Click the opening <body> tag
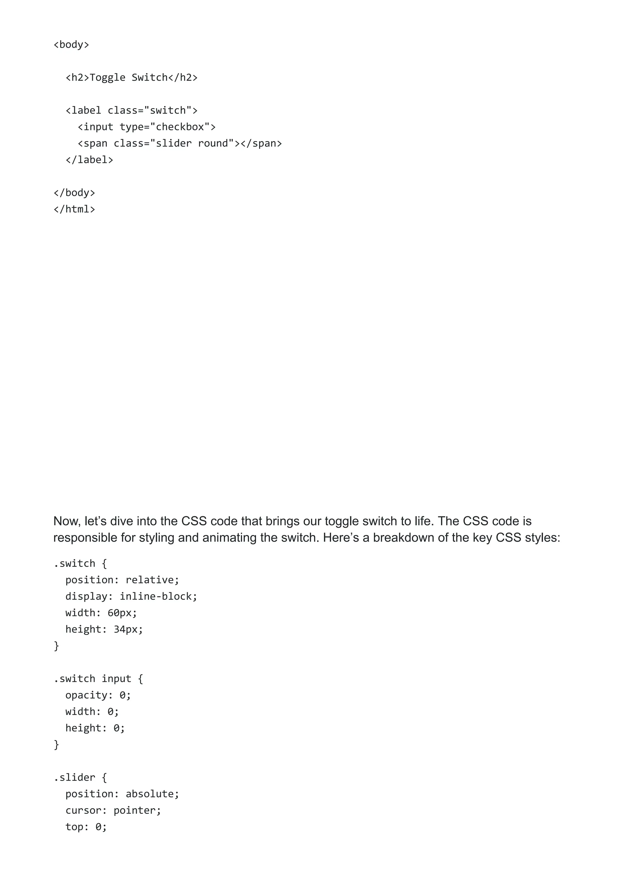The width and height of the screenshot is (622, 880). [x=71, y=44]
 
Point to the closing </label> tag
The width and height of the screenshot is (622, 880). [x=89, y=160]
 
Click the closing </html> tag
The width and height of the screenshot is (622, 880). [x=74, y=209]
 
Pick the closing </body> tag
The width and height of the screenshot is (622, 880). [x=74, y=193]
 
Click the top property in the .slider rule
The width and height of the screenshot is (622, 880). [x=74, y=827]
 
